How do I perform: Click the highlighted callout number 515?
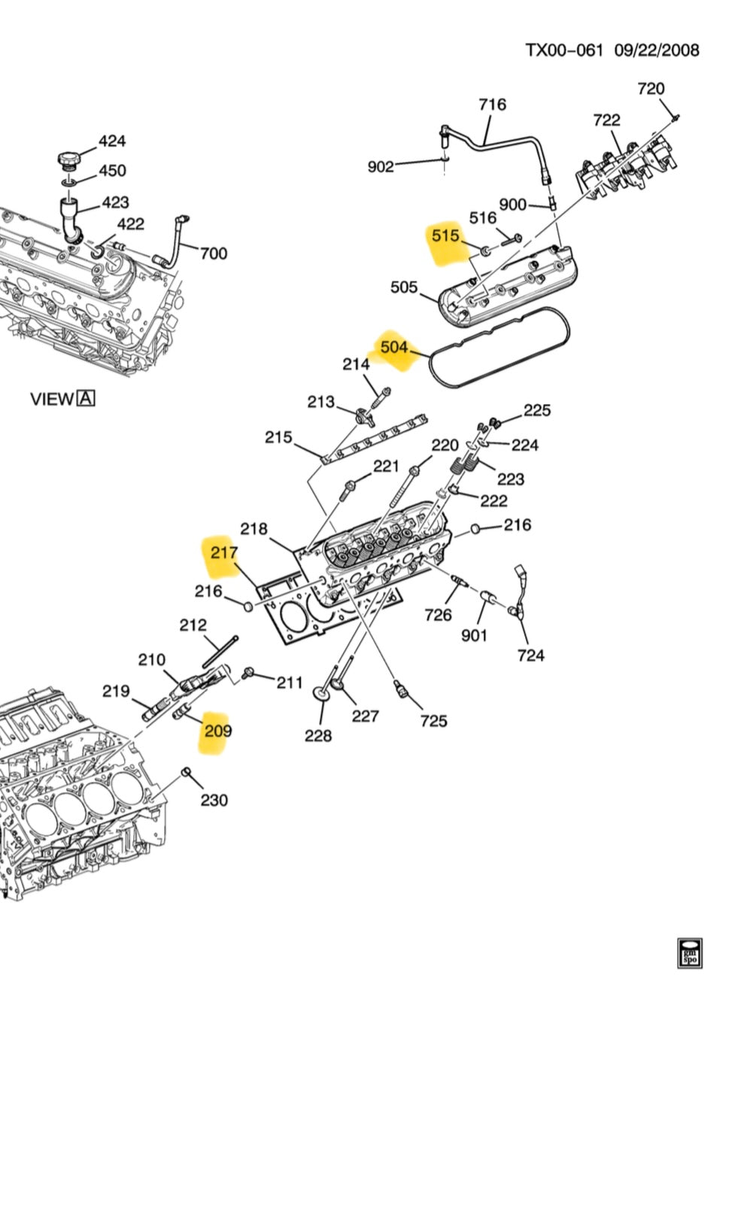pyautogui.click(x=445, y=236)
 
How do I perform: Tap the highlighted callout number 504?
pyautogui.click(x=394, y=347)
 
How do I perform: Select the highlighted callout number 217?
pyautogui.click(x=224, y=552)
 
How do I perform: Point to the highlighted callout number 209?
pyautogui.click(x=218, y=730)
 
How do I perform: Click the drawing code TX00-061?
pyautogui.click(x=564, y=50)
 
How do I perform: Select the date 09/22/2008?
pyautogui.click(x=657, y=50)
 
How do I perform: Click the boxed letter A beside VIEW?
pyautogui.click(x=87, y=398)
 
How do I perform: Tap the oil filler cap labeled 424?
pyautogui.click(x=68, y=160)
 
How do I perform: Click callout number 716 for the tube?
pyautogui.click(x=493, y=105)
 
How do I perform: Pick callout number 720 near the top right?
pyautogui.click(x=651, y=89)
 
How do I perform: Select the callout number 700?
pyautogui.click(x=213, y=254)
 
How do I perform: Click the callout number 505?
pyautogui.click(x=404, y=287)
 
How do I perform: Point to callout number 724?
pyautogui.click(x=530, y=655)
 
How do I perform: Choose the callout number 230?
pyautogui.click(x=214, y=800)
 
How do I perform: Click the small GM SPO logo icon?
pyautogui.click(x=689, y=953)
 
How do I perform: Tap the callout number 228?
pyautogui.click(x=318, y=735)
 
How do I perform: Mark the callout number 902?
pyautogui.click(x=381, y=166)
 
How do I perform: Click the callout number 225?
pyautogui.click(x=537, y=410)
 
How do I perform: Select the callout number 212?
pyautogui.click(x=193, y=625)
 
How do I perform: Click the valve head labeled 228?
pyautogui.click(x=322, y=694)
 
